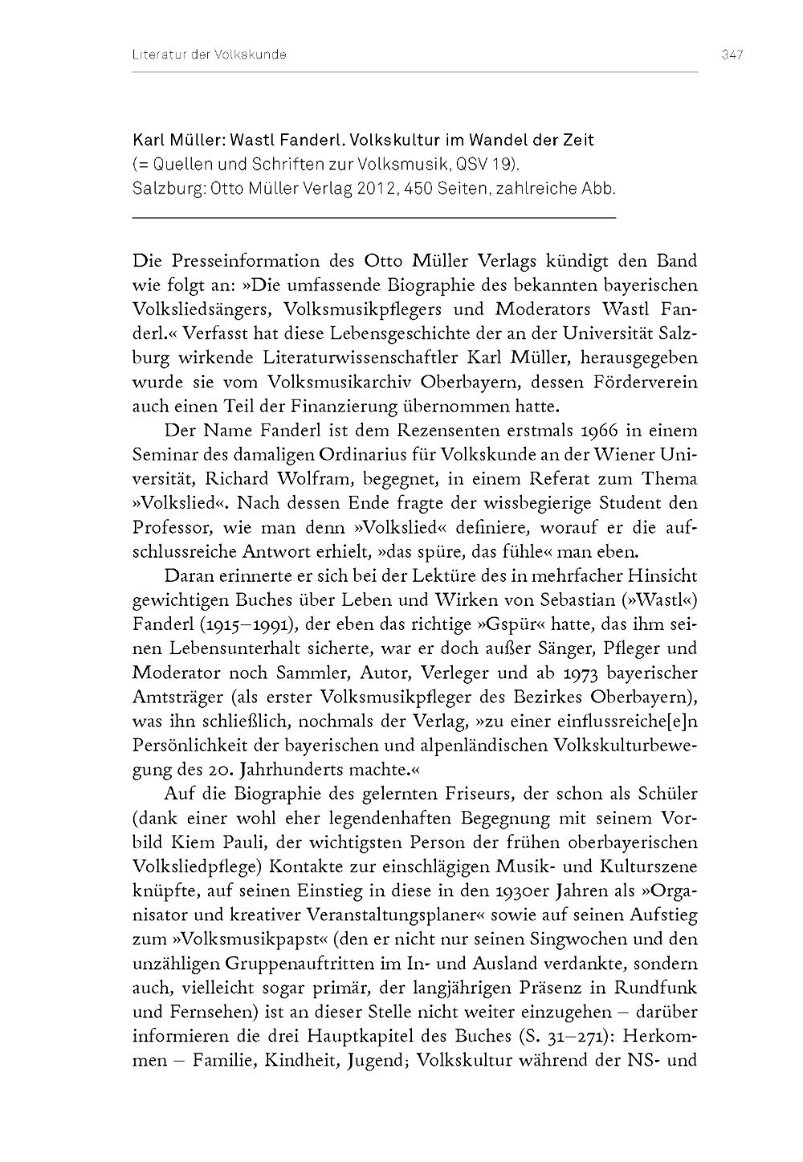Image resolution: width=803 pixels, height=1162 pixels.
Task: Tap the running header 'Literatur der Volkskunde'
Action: pos(210,55)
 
